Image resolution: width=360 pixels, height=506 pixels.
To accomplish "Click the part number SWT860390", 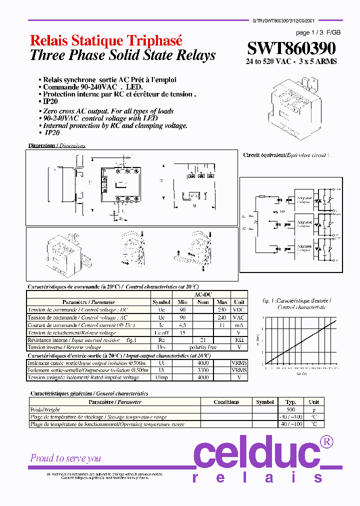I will coord(291,48).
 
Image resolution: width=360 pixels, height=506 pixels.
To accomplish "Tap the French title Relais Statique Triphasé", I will coord(106,41).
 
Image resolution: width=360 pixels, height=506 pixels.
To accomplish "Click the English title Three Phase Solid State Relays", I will coord(122,55).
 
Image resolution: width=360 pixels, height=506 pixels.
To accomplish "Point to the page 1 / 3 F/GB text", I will coord(318,32).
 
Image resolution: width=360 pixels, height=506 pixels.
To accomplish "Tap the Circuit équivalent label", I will coord(286,155).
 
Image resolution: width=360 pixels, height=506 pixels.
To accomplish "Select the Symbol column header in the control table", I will coord(161,302).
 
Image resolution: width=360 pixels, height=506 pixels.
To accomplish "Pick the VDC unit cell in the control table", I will coord(239,309).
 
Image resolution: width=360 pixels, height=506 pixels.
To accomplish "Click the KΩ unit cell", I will coord(239,339).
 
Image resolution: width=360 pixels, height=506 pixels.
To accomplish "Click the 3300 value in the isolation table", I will coord(202,370).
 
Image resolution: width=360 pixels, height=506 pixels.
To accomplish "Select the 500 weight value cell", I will coord(290,409).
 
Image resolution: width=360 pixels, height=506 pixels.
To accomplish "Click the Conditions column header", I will coord(226,401).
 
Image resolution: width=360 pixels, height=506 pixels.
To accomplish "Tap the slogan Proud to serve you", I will coord(65,458).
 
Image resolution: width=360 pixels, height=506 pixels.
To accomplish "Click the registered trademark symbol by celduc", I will coord(326,441).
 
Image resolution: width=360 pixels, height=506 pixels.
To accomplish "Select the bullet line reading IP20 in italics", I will coord(52,133).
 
